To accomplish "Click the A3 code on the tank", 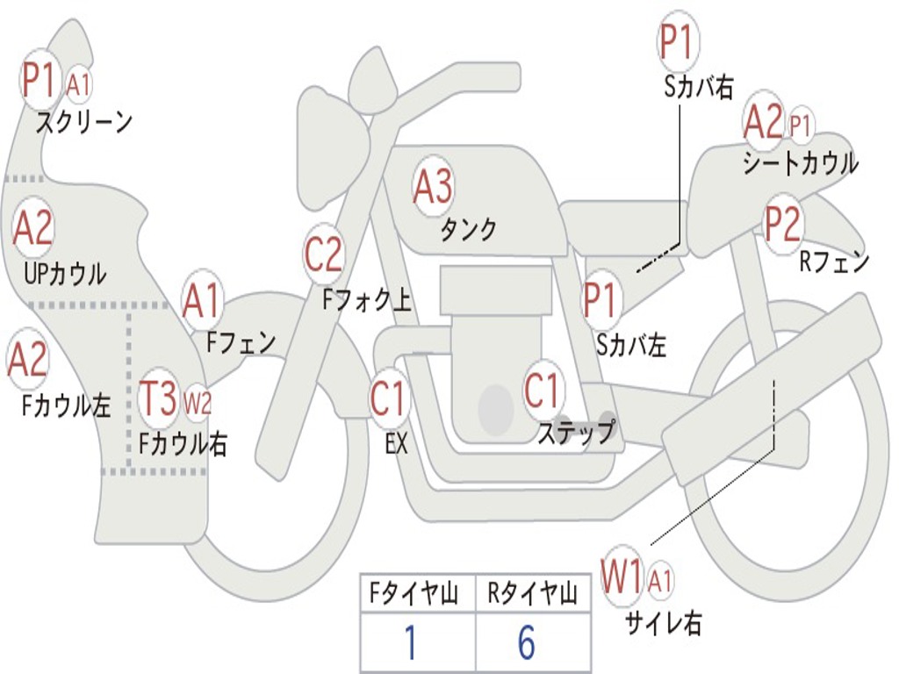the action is pos(433,186).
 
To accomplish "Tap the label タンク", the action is pos(468,230).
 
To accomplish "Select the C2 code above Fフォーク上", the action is pos(323,254).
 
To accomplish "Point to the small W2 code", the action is pos(198,403).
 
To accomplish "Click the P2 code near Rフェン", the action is pos(782,223).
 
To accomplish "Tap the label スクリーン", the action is pos(84,122).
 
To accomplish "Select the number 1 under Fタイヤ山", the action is pos(411,642).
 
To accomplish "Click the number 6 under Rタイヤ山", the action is pos(527,642).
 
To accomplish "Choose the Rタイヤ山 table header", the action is pos(532,592).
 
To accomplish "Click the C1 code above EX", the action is pos(388,398).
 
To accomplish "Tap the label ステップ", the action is pos(576,432).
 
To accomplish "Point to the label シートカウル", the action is pos(801,162).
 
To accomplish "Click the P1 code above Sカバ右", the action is pos(678,41).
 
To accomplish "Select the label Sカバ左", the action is pos(631,345).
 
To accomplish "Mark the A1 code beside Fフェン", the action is pos(201,301).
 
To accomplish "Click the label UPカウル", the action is pos(65,274).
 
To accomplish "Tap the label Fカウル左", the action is pos(67,405).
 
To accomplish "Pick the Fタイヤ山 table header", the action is pos(414,592).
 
